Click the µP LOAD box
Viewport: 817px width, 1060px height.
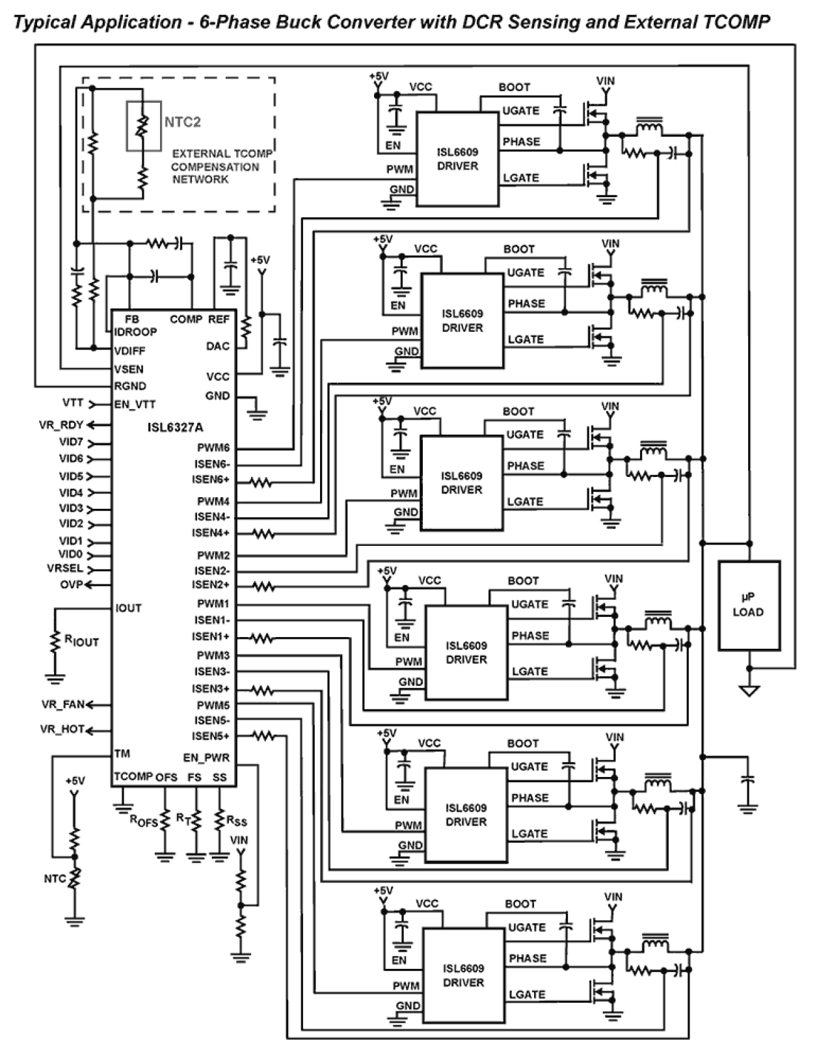tap(748, 605)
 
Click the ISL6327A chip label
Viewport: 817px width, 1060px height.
tap(175, 428)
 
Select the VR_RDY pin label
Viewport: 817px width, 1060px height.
tap(61, 426)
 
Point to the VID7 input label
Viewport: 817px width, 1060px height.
tap(71, 442)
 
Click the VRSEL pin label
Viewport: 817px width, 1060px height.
tap(65, 568)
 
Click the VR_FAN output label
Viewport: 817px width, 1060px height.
tap(63, 704)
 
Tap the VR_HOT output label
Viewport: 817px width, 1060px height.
tap(62, 729)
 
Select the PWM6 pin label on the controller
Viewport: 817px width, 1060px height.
tap(213, 448)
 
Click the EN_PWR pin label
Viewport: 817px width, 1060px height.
tap(206, 758)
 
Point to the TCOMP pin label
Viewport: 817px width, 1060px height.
tap(133, 776)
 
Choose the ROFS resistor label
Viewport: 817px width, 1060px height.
tap(144, 821)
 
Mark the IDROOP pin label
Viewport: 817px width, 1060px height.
tap(135, 332)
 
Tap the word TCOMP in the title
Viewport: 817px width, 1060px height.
tap(736, 23)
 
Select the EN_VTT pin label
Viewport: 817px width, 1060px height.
tap(135, 404)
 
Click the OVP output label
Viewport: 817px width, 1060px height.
tap(72, 584)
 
